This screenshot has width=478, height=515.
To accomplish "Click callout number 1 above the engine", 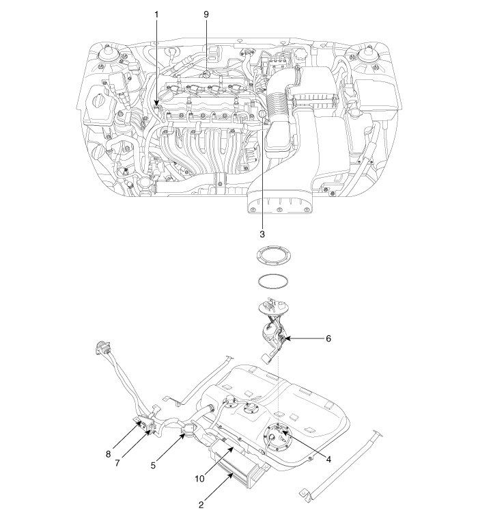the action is tap(156, 14).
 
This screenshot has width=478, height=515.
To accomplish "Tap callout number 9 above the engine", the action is tap(206, 14).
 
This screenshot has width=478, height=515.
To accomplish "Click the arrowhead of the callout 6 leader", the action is tap(287, 338).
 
